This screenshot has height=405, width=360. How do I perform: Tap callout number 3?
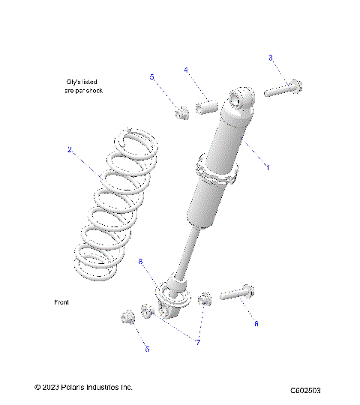pos(271,58)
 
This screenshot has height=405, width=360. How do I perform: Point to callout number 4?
pos(186,70)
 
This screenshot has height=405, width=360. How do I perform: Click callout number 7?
pos(198,342)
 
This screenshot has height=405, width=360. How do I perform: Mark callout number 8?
pos(140,260)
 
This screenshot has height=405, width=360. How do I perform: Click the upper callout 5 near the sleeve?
pos(151,77)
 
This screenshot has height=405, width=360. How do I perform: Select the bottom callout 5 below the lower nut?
pos(146,349)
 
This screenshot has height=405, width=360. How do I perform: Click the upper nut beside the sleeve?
pos(181,112)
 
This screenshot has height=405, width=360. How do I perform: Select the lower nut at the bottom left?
pos(126,318)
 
